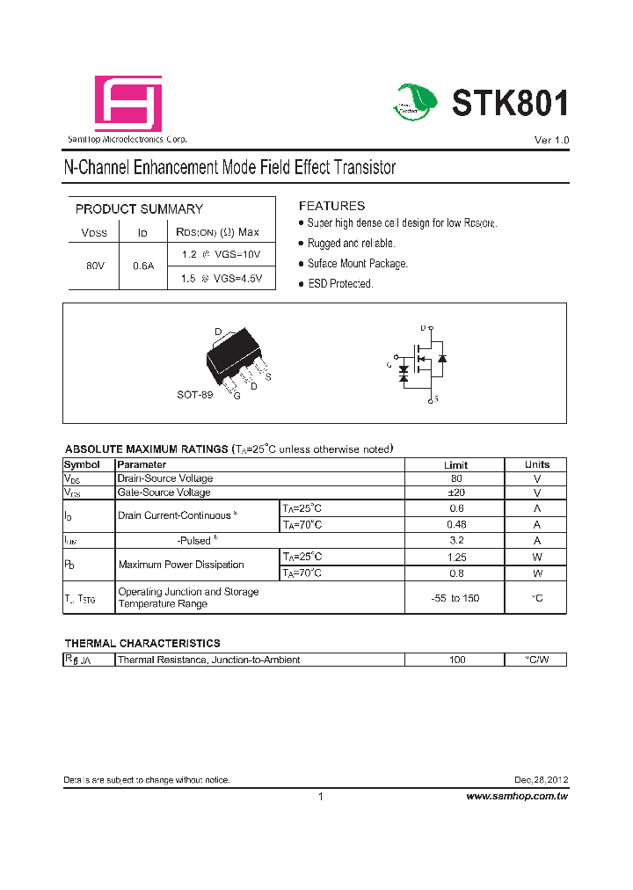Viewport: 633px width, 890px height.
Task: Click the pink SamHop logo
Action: [x=127, y=104]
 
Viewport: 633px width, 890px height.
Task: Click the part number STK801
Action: [x=510, y=104]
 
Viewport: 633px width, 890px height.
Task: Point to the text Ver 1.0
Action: [x=551, y=141]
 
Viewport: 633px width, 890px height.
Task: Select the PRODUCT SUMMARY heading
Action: [x=139, y=209]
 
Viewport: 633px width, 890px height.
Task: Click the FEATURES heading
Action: [x=331, y=206]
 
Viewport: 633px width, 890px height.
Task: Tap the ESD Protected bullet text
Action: [x=340, y=284]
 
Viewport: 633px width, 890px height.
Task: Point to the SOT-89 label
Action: [x=194, y=395]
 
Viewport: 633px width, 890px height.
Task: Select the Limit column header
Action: [x=455, y=464]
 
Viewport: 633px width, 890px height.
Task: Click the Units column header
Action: [x=536, y=464]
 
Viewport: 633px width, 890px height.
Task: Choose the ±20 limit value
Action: [x=455, y=492]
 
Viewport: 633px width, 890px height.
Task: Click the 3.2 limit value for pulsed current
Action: [x=455, y=541]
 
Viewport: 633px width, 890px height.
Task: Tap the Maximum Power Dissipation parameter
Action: [x=181, y=565]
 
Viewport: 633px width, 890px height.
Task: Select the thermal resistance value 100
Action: [x=456, y=660]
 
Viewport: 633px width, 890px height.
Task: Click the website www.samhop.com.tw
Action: [x=516, y=796]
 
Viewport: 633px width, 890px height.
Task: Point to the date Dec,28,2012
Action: [x=541, y=780]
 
